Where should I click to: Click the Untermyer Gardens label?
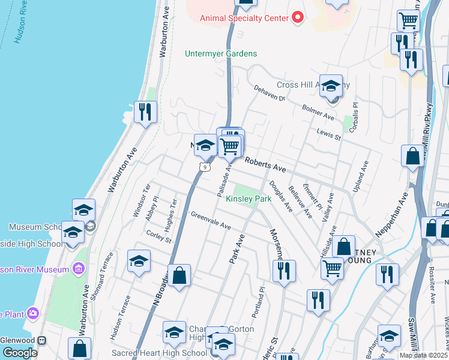(x=220, y=53)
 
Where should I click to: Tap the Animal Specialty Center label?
(x=244, y=18)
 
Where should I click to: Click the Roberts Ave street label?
(x=265, y=165)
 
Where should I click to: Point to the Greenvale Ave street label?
(x=211, y=220)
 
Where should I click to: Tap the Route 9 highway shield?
(x=205, y=167)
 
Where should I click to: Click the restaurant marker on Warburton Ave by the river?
(x=145, y=112)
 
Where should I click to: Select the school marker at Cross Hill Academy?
(x=330, y=86)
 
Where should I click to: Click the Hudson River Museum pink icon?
(x=79, y=269)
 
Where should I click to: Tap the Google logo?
(x=19, y=353)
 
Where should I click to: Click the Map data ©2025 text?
(x=423, y=355)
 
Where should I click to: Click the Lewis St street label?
(x=329, y=135)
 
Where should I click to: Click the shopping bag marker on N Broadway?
(x=179, y=276)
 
